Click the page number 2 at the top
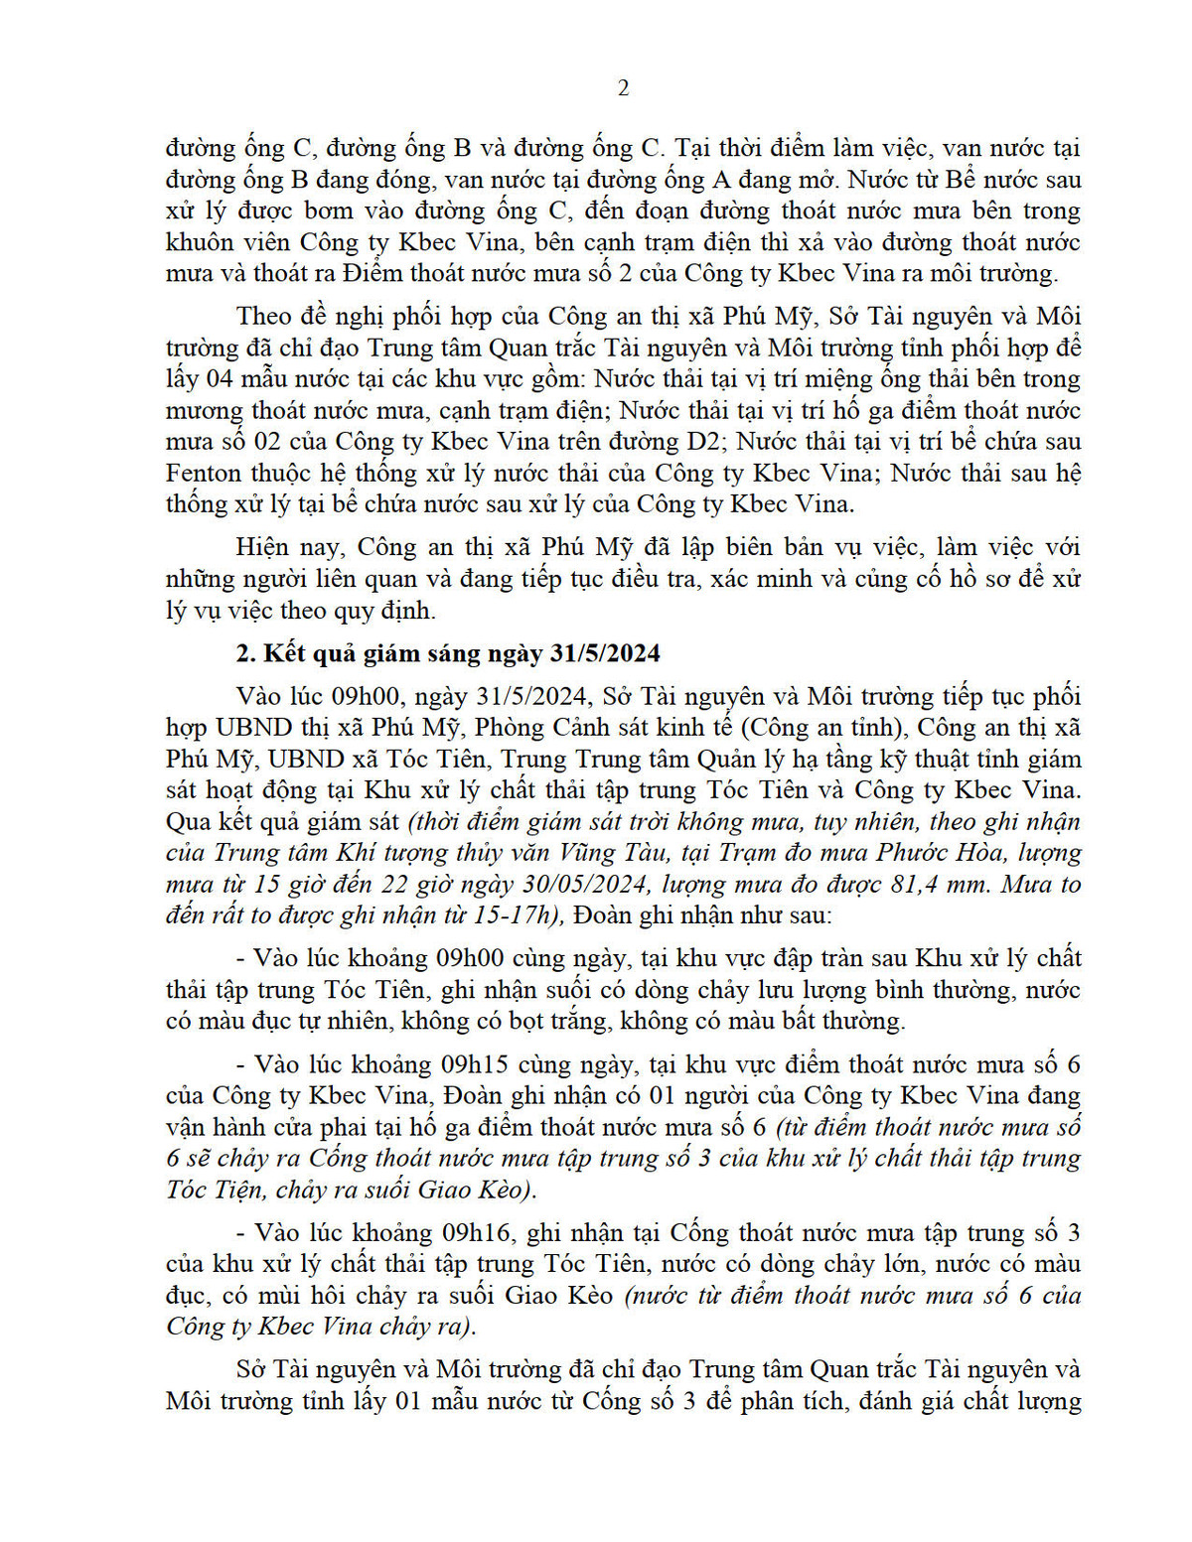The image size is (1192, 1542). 623,88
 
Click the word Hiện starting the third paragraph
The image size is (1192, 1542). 265,546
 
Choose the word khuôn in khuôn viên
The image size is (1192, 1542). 200,242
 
